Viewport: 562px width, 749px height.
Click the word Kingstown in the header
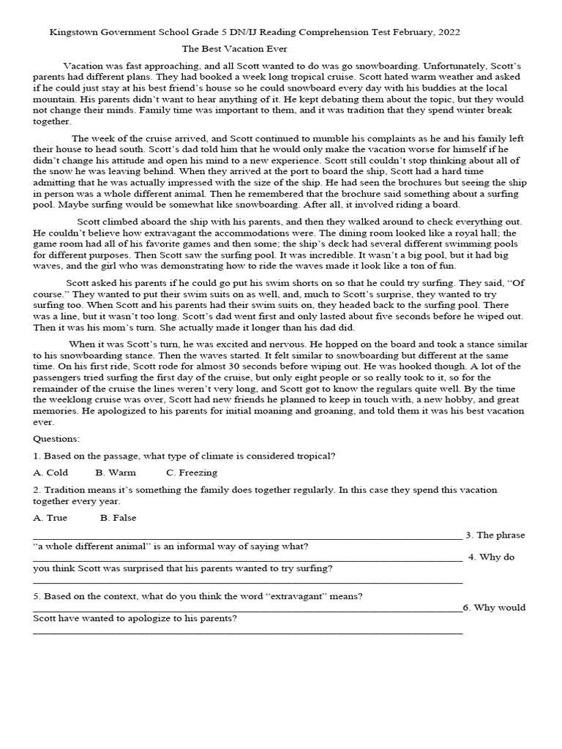74,33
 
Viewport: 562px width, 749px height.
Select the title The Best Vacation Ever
239,49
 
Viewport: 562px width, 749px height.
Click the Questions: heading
57,438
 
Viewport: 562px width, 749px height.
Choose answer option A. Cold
50,473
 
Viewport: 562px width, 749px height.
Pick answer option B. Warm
116,473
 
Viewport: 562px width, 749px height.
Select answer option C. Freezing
192,473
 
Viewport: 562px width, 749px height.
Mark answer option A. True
50,518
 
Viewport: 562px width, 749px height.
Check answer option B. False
119,518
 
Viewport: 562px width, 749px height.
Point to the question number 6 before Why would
467,608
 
